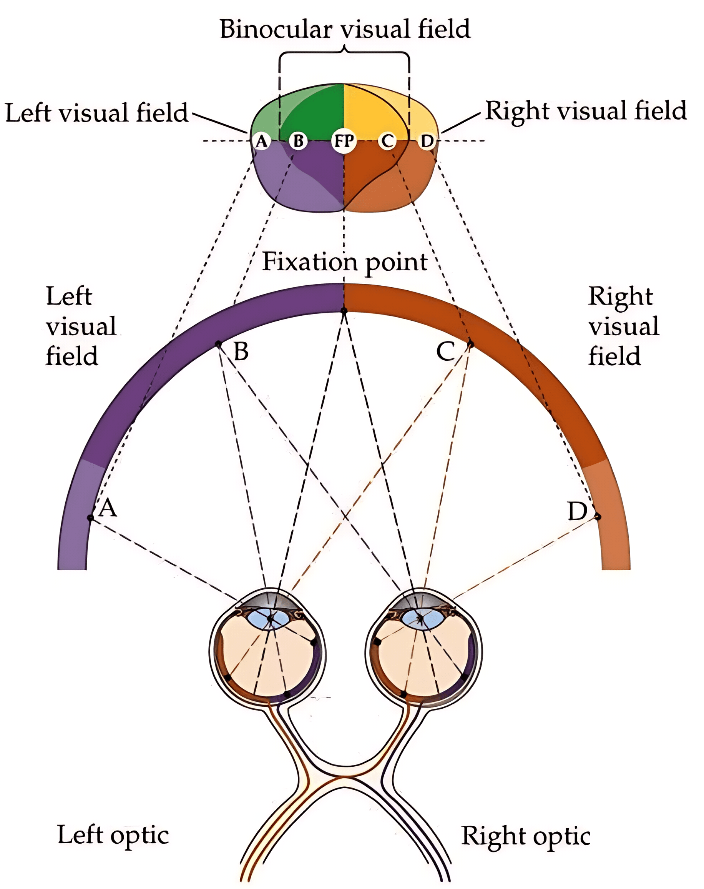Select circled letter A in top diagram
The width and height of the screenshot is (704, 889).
(x=261, y=141)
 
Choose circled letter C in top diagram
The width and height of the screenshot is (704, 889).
(x=387, y=141)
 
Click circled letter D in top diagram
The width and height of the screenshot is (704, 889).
(x=427, y=141)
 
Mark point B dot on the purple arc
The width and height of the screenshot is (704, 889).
(x=218, y=343)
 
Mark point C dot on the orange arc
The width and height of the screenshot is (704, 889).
(x=470, y=343)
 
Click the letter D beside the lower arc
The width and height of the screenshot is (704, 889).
(x=577, y=511)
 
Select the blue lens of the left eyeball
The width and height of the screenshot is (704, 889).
(x=270, y=619)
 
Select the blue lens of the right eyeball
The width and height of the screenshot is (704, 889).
(x=420, y=619)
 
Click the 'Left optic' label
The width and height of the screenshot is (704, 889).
(x=113, y=836)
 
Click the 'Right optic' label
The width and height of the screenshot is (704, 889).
(x=526, y=837)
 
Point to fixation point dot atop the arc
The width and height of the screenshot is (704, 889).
(x=344, y=310)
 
